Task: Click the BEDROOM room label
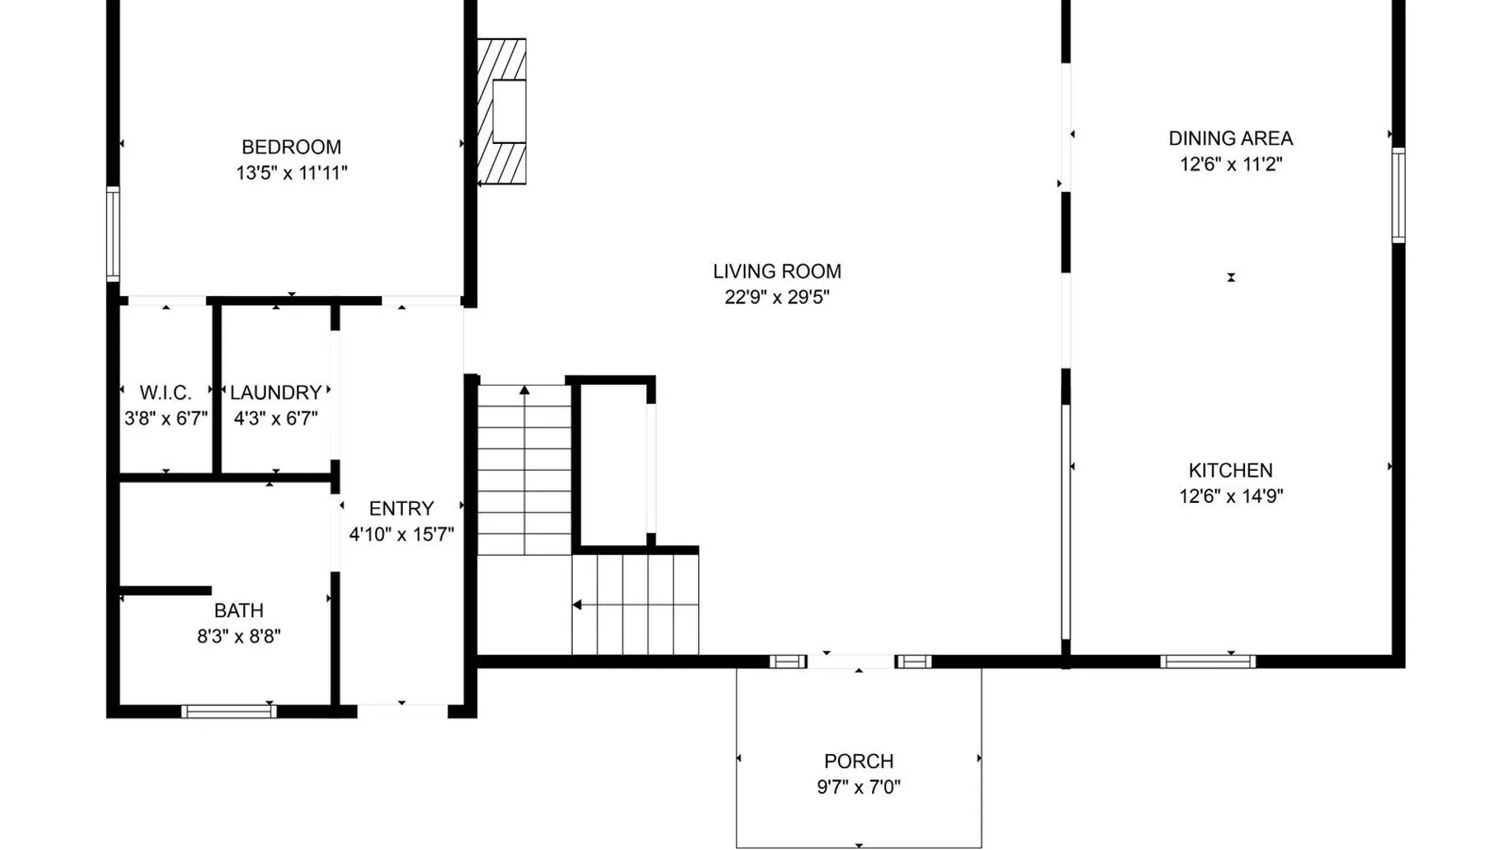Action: pyautogui.click(x=291, y=147)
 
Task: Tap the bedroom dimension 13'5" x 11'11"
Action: pyautogui.click(x=291, y=173)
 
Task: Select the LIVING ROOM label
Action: pyautogui.click(x=777, y=272)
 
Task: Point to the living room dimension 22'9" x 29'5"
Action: pyautogui.click(x=777, y=297)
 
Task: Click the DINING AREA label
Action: pyautogui.click(x=1230, y=139)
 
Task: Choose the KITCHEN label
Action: pyautogui.click(x=1230, y=471)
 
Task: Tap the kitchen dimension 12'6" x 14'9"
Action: pyautogui.click(x=1230, y=497)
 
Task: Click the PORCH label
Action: pyautogui.click(x=859, y=762)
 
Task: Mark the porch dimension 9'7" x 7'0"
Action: pyautogui.click(x=859, y=787)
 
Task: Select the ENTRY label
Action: pyautogui.click(x=401, y=508)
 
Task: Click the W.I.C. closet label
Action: pyautogui.click(x=165, y=393)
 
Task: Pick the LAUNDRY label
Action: pyautogui.click(x=275, y=393)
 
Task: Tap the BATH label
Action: pyautogui.click(x=238, y=611)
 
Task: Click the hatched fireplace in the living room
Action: pyautogui.click(x=502, y=112)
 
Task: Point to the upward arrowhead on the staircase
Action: pyautogui.click(x=524, y=390)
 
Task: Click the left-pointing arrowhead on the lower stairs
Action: pyautogui.click(x=577, y=605)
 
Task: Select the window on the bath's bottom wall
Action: pyautogui.click(x=229, y=711)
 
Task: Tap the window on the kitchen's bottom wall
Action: pyautogui.click(x=1207, y=662)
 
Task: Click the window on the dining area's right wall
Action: pyautogui.click(x=1398, y=195)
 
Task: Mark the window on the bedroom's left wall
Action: pyautogui.click(x=113, y=234)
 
